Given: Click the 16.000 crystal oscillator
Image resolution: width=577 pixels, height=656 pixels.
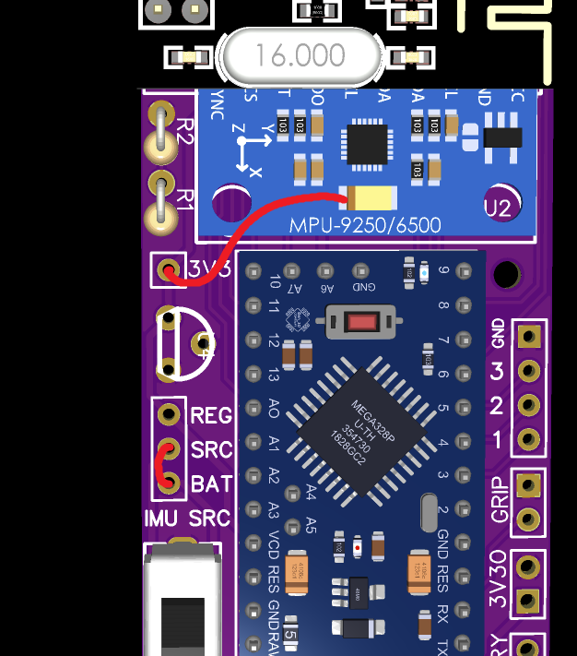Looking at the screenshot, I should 301,55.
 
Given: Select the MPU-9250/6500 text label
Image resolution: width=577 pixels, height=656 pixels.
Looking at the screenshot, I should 365,225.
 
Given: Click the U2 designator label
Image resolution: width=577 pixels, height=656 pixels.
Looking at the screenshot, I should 498,209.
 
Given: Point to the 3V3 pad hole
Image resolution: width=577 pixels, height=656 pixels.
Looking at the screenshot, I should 169,270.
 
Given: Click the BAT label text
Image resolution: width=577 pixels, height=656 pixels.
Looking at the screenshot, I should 210,483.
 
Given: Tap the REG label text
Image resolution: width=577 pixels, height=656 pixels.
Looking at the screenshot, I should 210,415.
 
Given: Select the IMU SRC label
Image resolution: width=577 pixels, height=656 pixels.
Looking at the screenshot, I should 187,519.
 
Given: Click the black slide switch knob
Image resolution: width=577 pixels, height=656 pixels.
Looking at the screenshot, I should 183,623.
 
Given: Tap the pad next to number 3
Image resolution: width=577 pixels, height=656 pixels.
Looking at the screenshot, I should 528,371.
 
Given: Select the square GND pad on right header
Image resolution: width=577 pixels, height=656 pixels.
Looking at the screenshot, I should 528,336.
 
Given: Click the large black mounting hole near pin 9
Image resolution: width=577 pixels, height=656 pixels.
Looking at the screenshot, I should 506,274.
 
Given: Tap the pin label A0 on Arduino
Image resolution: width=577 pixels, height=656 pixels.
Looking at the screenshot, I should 274,408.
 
